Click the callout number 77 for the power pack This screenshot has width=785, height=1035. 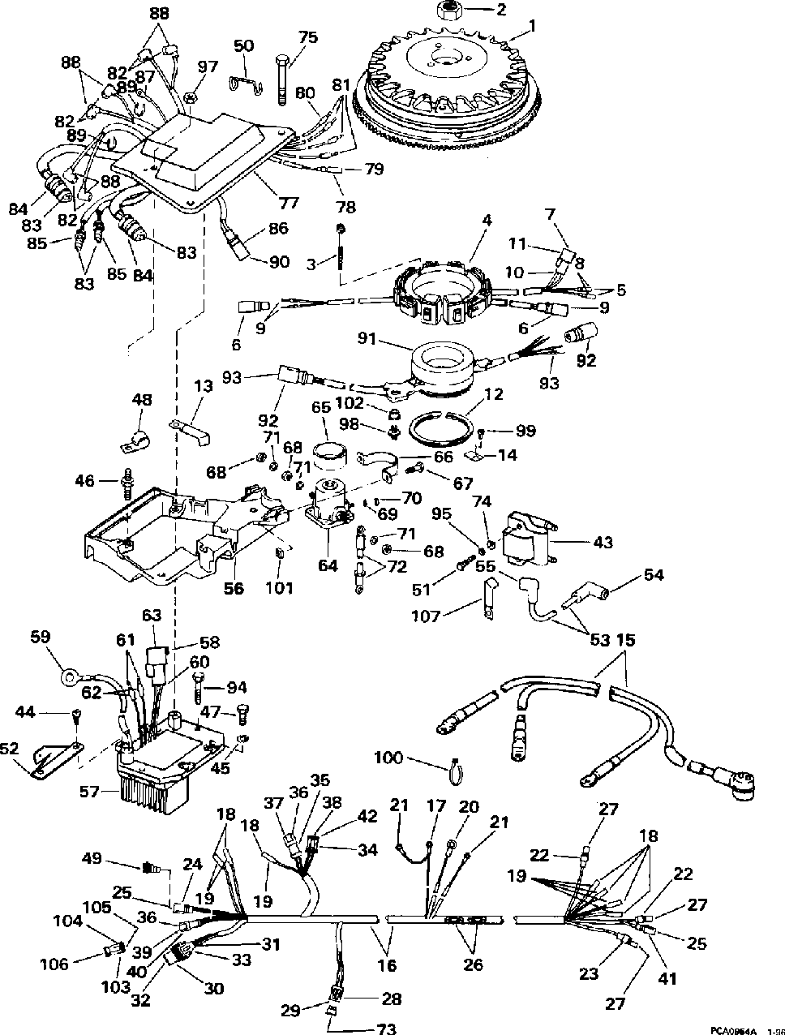(288, 204)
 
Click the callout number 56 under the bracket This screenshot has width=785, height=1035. (234, 588)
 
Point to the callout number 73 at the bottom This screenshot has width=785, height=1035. (386, 1027)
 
